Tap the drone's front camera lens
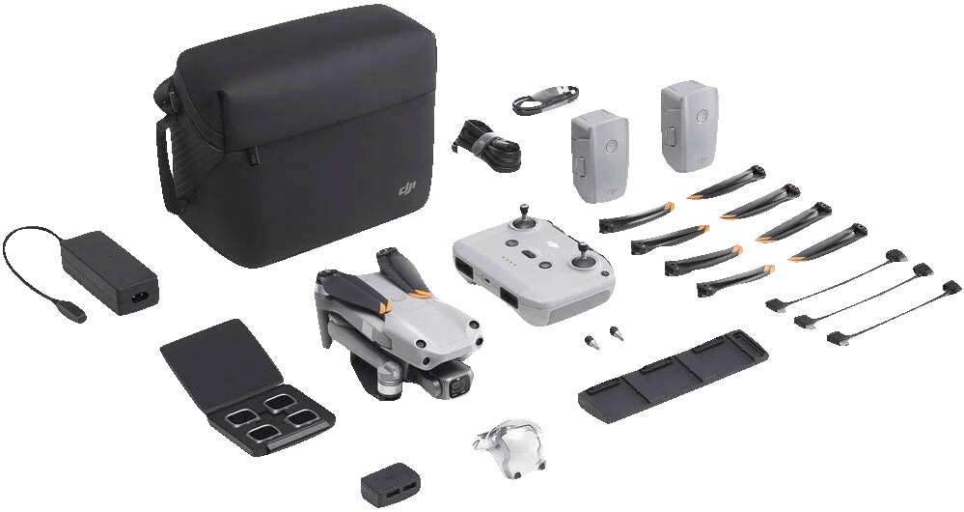point(457,386)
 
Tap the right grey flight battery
point(689,127)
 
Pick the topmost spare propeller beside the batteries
point(727,183)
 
